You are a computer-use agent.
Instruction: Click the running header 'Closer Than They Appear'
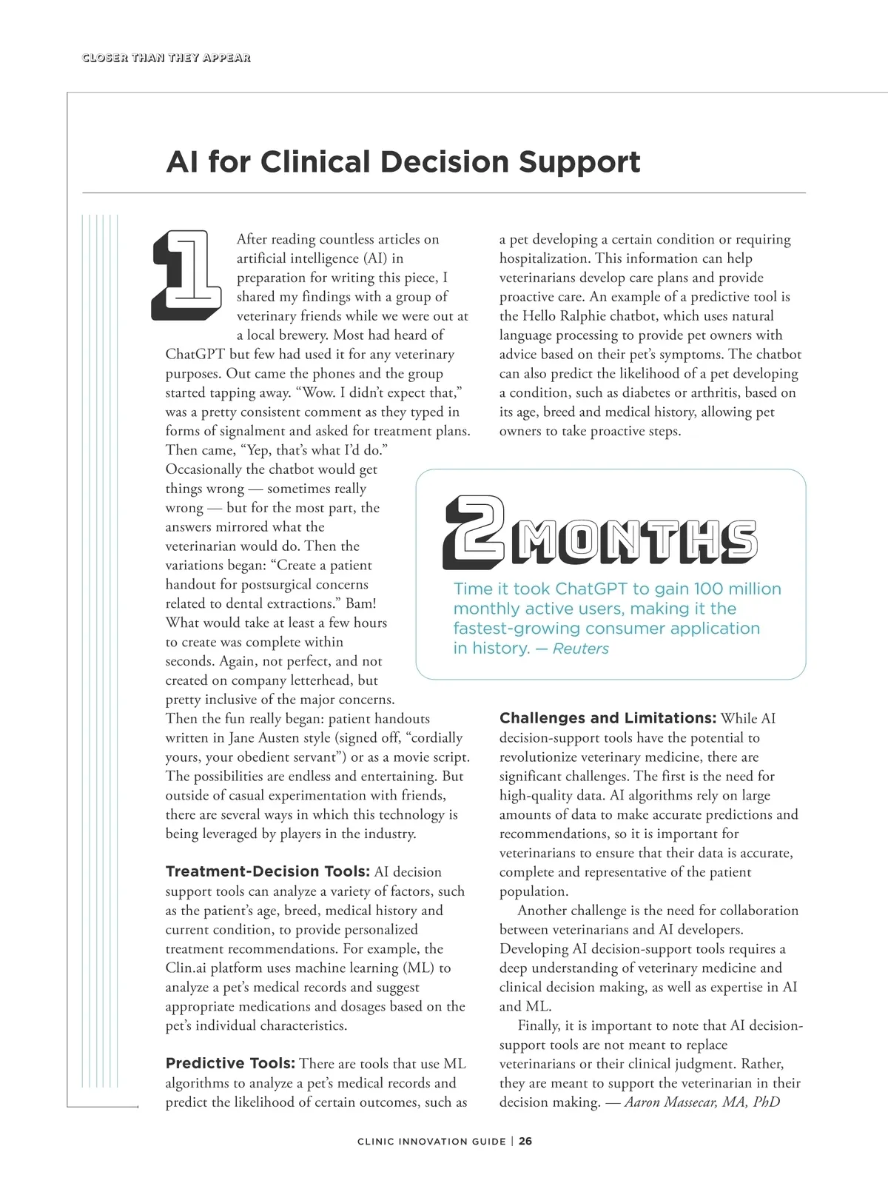coord(166,58)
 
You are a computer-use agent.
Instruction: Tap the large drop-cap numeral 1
coord(186,275)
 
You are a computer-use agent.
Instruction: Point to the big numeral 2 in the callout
coord(474,532)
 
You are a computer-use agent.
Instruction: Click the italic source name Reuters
coord(581,649)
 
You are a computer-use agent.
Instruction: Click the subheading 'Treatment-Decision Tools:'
coord(268,871)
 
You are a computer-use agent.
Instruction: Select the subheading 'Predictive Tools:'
coord(230,1063)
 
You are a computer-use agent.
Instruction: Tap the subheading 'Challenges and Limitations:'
coord(608,718)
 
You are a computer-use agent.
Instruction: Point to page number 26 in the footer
coord(525,1141)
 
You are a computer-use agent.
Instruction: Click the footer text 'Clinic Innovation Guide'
coord(431,1141)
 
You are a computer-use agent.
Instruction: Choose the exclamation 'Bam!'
coord(360,603)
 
